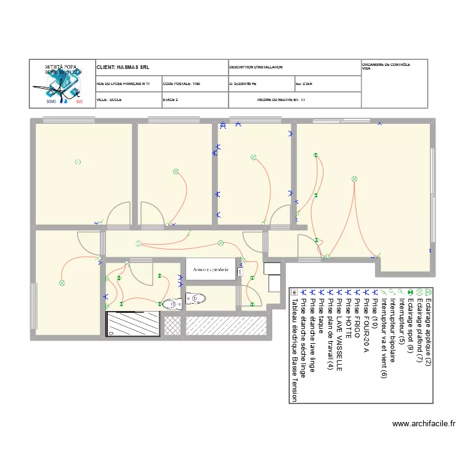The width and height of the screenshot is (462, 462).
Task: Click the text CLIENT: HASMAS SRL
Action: click(123, 67)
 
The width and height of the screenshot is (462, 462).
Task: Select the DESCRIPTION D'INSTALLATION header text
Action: click(256, 67)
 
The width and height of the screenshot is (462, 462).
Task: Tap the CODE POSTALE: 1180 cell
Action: click(181, 83)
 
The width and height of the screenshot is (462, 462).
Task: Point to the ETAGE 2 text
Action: click(171, 99)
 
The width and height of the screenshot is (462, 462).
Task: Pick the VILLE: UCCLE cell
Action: click(109, 99)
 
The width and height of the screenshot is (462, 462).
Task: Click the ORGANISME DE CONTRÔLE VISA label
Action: click(386, 66)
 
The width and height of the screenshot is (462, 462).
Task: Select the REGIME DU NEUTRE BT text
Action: click(281, 99)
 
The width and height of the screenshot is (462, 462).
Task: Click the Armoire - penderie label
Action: click(211, 270)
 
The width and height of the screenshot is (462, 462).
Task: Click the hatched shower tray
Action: click(133, 323)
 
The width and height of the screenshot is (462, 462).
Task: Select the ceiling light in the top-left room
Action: click(78, 162)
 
